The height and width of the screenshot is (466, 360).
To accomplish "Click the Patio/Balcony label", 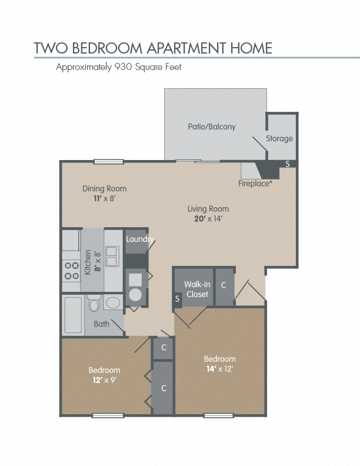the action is pyautogui.click(x=212, y=127).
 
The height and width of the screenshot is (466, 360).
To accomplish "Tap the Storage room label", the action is pyautogui.click(x=279, y=138).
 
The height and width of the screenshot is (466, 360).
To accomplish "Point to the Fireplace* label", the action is pyautogui.click(x=255, y=184).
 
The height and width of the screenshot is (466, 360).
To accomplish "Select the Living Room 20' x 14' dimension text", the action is pyautogui.click(x=208, y=219).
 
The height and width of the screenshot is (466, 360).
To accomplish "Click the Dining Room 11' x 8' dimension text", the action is pyautogui.click(x=104, y=198).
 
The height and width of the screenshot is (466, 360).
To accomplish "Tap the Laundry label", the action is pyautogui.click(x=139, y=239).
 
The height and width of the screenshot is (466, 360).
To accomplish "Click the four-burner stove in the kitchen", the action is pyautogui.click(x=72, y=271).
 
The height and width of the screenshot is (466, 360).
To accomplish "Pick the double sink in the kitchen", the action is pyautogui.click(x=112, y=256).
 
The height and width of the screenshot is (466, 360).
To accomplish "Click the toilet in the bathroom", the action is pyautogui.click(x=94, y=303).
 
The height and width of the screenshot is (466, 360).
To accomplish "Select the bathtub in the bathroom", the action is pyautogui.click(x=73, y=315).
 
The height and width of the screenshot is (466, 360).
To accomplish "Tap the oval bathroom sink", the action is pyautogui.click(x=113, y=303).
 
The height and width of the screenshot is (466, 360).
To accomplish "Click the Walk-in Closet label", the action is pyautogui.click(x=197, y=289).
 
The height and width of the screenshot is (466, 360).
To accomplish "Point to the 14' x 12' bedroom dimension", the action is pyautogui.click(x=220, y=369).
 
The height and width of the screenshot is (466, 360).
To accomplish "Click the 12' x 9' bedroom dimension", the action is pyautogui.click(x=105, y=381).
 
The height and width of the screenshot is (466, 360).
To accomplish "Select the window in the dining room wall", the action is pyautogui.click(x=109, y=162).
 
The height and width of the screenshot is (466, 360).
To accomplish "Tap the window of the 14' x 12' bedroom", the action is pyautogui.click(x=219, y=415).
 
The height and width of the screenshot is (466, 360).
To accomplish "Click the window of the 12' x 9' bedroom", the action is pyautogui.click(x=108, y=415).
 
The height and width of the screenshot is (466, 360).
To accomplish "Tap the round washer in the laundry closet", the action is pyautogui.click(x=135, y=295).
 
